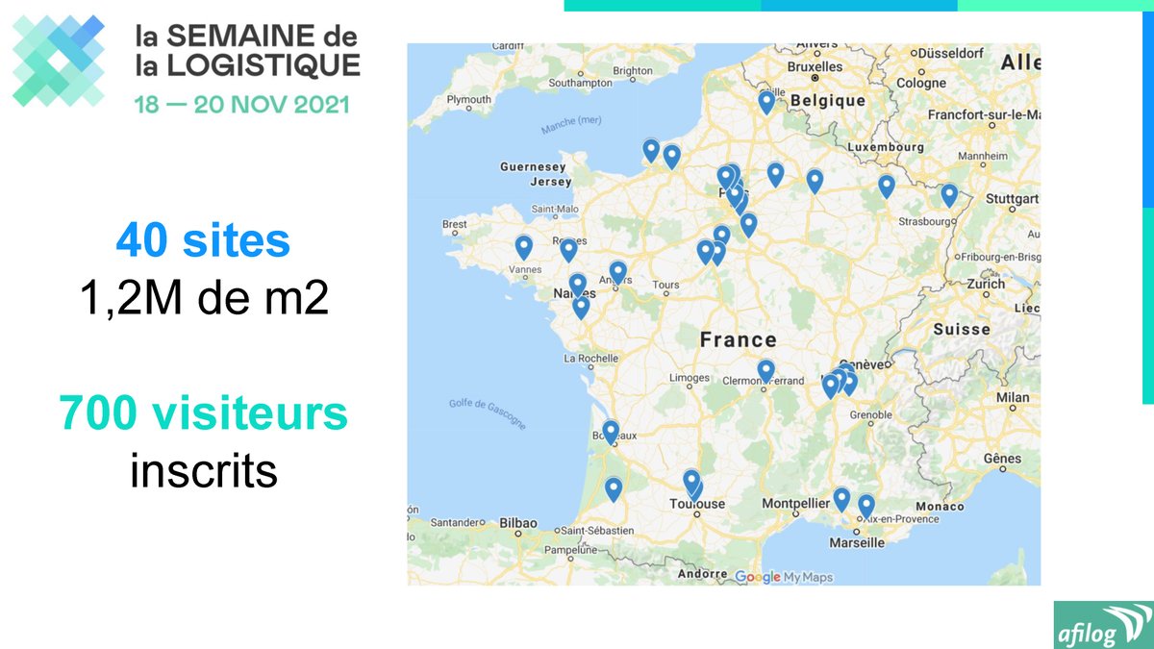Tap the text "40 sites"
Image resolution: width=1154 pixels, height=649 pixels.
pyautogui.click(x=203, y=240)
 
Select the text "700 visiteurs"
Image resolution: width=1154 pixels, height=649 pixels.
pyautogui.click(x=203, y=413)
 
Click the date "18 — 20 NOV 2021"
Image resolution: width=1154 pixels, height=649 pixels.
pyautogui.click(x=241, y=104)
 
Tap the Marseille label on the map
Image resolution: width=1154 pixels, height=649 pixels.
pyautogui.click(x=856, y=542)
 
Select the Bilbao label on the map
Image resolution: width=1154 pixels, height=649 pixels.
pyautogui.click(x=518, y=523)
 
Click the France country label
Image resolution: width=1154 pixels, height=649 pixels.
pyautogui.click(x=738, y=339)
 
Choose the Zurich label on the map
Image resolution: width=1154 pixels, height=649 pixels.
pyautogui.click(x=987, y=284)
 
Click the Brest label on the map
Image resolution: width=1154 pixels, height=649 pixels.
pyautogui.click(x=454, y=224)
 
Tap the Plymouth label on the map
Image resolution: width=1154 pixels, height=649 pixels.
pyautogui.click(x=468, y=99)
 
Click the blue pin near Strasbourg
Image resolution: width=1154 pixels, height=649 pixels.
pyautogui.click(x=949, y=194)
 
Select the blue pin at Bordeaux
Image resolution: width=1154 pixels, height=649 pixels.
pyautogui.click(x=610, y=431)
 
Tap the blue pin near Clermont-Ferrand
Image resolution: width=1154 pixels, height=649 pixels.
pyautogui.click(x=765, y=369)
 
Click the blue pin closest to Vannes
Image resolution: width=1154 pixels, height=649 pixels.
pyautogui.click(x=524, y=247)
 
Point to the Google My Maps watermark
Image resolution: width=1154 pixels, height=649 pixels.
pyautogui.click(x=783, y=577)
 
